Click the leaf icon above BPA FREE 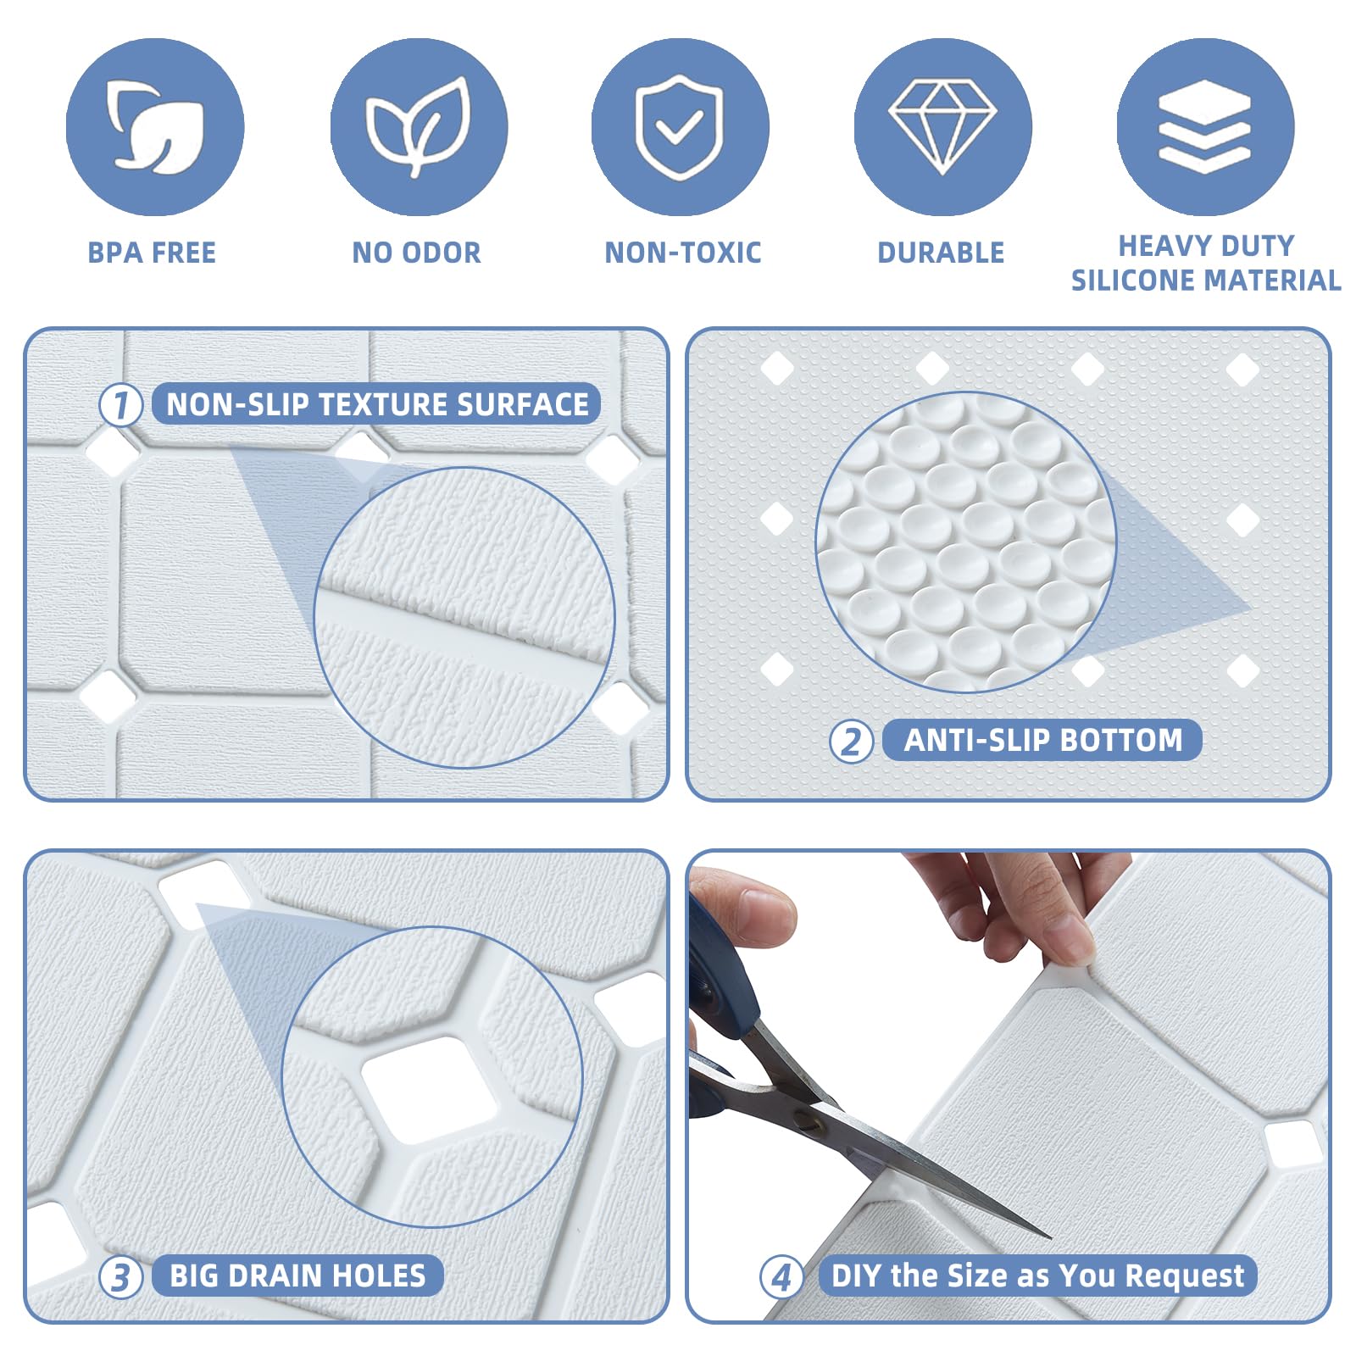click(155, 127)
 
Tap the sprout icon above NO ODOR click(419, 127)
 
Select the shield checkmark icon click(680, 127)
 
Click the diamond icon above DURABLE click(942, 127)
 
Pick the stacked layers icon click(1204, 127)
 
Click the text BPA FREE click(152, 253)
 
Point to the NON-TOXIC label click(682, 253)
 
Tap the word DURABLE click(941, 253)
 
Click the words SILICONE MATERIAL click(1205, 281)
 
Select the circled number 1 click(120, 405)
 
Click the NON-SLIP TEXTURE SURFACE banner click(376, 404)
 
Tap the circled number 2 click(850, 742)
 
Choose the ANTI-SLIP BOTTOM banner click(1042, 740)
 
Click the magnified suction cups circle click(965, 542)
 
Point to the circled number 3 click(120, 1276)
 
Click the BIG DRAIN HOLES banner click(297, 1275)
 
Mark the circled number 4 click(781, 1276)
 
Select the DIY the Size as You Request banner click(1037, 1275)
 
